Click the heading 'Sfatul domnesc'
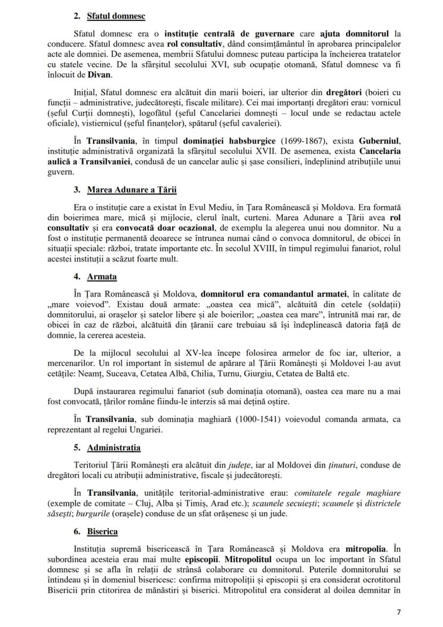117,17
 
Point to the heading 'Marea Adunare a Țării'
132,190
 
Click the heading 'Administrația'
114,447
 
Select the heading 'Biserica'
103,532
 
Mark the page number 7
398,613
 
